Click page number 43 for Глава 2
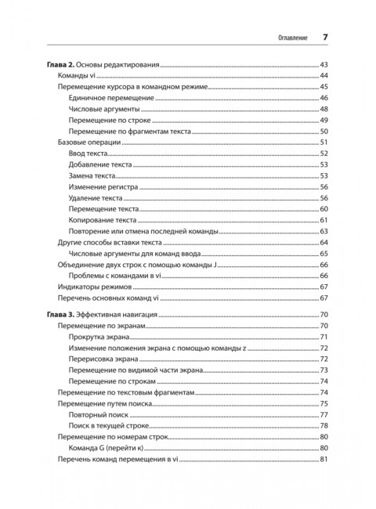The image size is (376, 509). coord(322,63)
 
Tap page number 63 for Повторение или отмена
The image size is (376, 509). coord(322,233)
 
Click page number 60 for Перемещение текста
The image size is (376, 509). coord(322,211)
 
